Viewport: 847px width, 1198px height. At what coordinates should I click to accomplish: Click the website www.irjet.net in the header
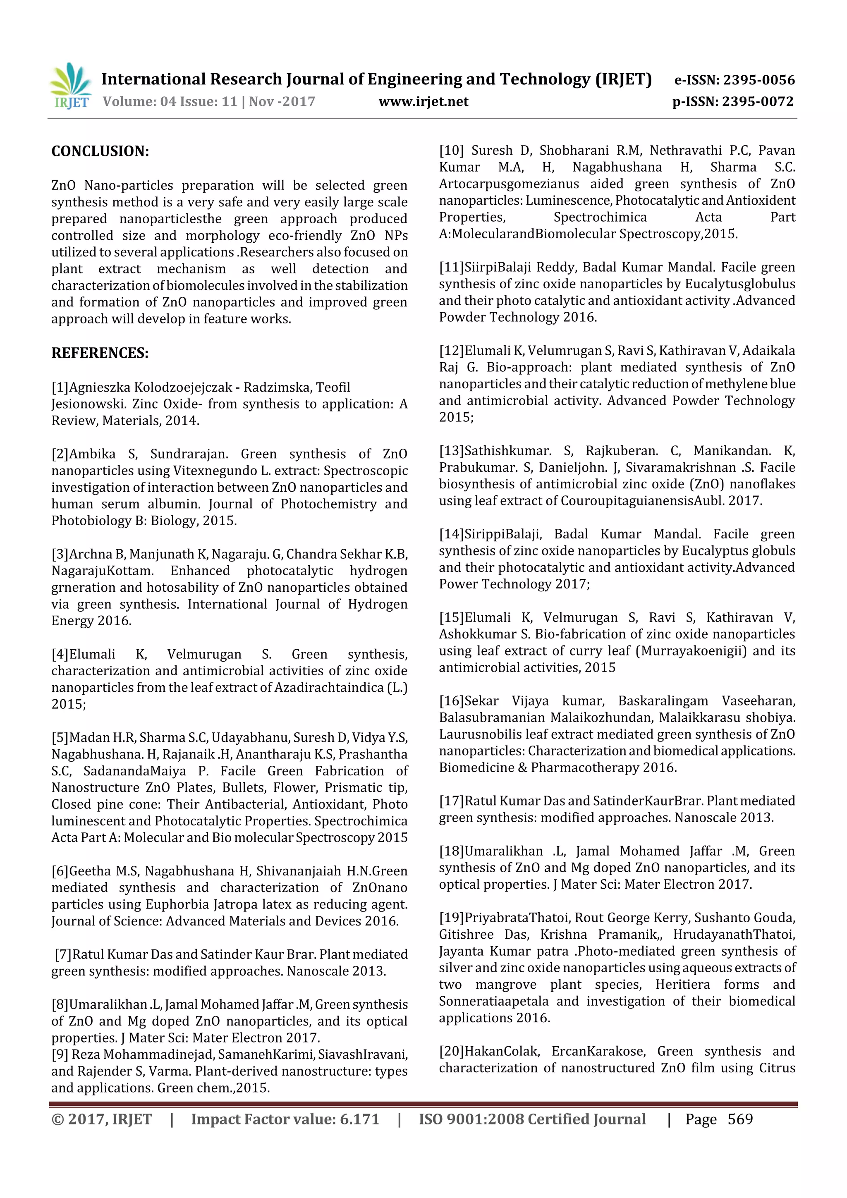(423, 102)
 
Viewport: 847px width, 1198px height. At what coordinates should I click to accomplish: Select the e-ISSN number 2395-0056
(758, 80)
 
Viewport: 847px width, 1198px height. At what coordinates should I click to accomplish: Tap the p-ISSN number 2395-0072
(758, 102)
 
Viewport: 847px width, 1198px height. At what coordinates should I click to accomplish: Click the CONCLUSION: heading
(100, 152)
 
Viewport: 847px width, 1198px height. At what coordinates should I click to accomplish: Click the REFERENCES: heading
(100, 353)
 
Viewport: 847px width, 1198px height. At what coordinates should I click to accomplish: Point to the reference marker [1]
(60, 387)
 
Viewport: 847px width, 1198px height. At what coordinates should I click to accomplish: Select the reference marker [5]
(60, 738)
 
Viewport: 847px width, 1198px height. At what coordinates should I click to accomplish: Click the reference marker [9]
(60, 1055)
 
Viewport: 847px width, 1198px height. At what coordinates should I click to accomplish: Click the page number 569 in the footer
(740, 1119)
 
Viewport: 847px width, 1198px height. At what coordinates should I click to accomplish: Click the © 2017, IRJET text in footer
(101, 1119)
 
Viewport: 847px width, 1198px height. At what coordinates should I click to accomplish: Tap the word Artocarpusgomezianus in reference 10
(509, 184)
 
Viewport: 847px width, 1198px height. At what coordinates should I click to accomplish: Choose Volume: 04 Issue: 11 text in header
(170, 102)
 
